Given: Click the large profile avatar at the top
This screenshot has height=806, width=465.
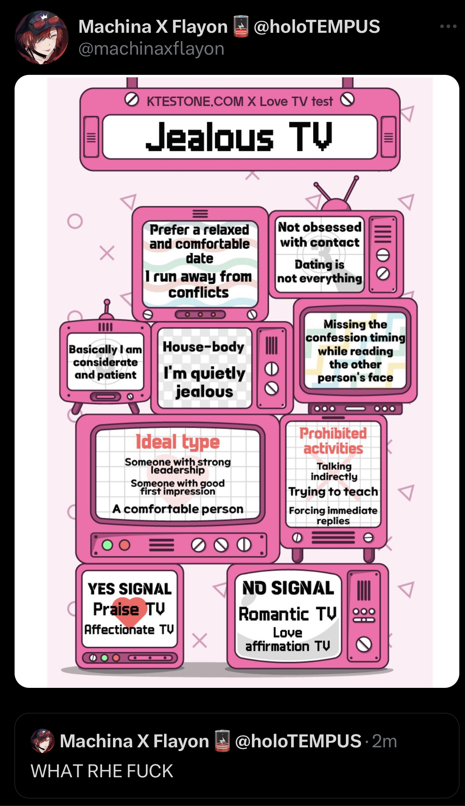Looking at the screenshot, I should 41,38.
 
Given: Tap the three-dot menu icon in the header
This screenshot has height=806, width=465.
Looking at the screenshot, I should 448,27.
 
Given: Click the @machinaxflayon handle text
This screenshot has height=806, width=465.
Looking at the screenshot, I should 151,49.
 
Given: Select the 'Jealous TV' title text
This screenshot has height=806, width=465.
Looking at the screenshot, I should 239,137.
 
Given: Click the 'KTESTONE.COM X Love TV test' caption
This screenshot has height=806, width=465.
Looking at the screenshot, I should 239,101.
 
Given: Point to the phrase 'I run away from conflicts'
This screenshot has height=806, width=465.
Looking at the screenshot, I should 198,284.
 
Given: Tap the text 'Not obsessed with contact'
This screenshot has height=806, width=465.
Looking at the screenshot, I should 320,235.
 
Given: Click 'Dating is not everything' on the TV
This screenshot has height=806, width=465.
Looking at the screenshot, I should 320,271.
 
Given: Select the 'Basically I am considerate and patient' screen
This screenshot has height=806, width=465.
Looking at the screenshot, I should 105,362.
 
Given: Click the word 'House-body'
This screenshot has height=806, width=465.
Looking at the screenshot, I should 203,347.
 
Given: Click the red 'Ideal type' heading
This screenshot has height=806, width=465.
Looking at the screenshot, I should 177,442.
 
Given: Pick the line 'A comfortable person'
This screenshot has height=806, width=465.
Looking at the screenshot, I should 178,509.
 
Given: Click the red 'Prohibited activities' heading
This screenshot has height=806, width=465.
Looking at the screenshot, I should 333,441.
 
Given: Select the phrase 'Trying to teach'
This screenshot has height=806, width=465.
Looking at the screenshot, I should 333,492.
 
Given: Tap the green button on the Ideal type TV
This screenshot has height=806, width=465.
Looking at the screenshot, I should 107,545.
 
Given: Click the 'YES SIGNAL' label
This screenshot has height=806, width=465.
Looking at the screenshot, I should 130,589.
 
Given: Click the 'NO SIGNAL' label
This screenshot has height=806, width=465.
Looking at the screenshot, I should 288,588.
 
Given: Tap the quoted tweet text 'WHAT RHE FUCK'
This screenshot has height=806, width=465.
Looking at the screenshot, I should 102,771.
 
